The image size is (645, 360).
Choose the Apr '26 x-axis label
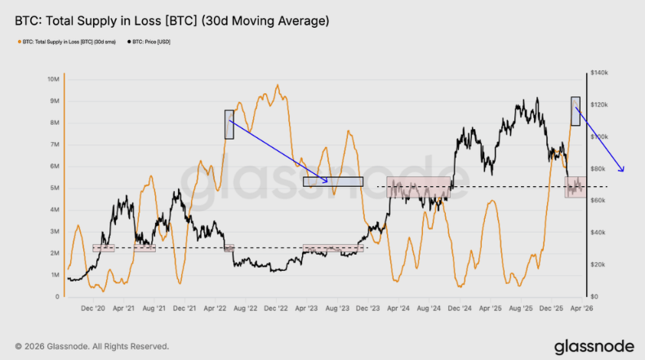pyautogui.click(x=582, y=309)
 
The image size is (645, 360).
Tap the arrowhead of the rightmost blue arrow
pyautogui.click(x=624, y=171)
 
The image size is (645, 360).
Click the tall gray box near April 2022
pyautogui.click(x=229, y=124)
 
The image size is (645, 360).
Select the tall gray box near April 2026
pyautogui.click(x=575, y=111)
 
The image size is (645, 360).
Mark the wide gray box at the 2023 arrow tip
pyautogui.click(x=332, y=181)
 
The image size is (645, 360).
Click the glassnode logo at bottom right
pyautogui.click(x=593, y=346)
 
